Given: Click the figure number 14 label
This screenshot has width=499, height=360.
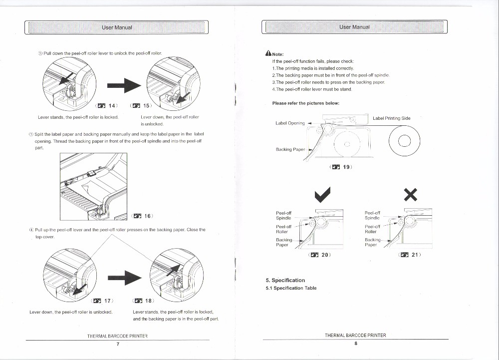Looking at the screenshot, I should pyautogui.click(x=107, y=105).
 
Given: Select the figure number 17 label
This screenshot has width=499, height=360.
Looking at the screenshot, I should pyautogui.click(x=104, y=301).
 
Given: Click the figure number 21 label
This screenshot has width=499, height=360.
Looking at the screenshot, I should pyautogui.click(x=410, y=255).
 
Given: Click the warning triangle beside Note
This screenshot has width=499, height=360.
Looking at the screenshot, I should pyautogui.click(x=268, y=54).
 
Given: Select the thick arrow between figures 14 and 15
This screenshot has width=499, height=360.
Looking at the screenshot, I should pyautogui.click(x=124, y=85).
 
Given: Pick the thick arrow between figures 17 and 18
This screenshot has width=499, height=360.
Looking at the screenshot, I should pyautogui.click(x=124, y=276).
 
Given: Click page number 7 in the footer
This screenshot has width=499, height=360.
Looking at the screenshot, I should pyautogui.click(x=117, y=344).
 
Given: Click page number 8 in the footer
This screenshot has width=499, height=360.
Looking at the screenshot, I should pyautogui.click(x=355, y=344).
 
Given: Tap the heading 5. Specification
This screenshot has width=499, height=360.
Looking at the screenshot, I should pyautogui.click(x=285, y=280).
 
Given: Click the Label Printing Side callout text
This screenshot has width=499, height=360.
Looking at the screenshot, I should pyautogui.click(x=392, y=118).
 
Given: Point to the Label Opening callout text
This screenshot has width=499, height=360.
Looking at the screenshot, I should pyautogui.click(x=290, y=123).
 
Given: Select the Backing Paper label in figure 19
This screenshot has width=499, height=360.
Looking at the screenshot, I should pyautogui.click(x=291, y=149).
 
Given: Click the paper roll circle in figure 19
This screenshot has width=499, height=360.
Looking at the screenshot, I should pyautogui.click(x=405, y=139).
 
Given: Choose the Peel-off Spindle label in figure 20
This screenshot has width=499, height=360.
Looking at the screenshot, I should pyautogui.click(x=284, y=215).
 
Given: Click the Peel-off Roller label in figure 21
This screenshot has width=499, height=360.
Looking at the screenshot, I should pyautogui.click(x=372, y=229).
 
